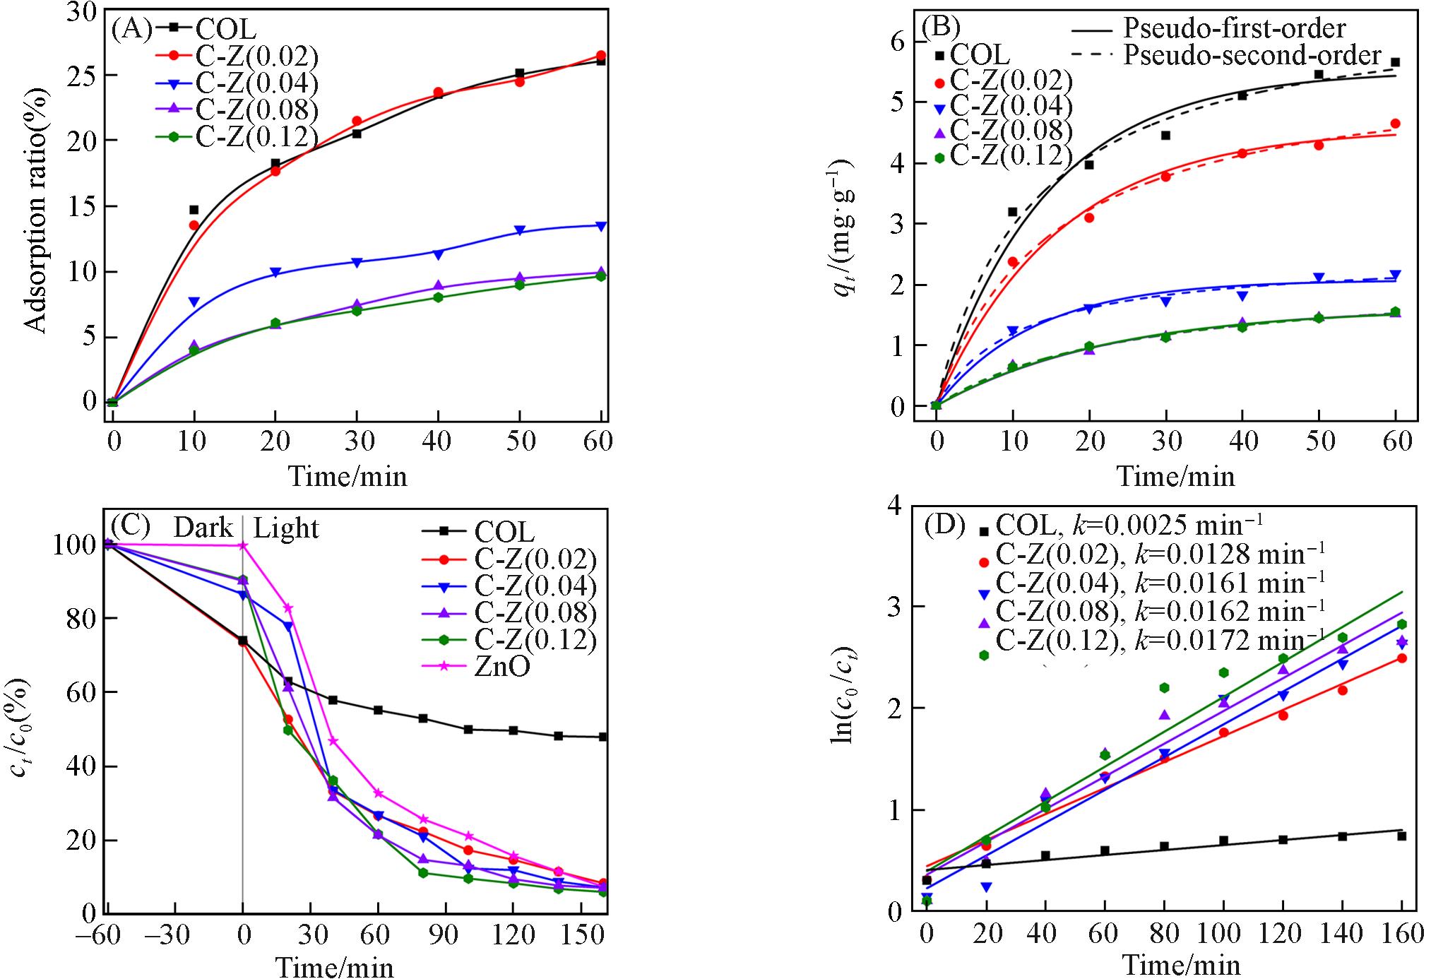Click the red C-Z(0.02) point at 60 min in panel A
click(601, 55)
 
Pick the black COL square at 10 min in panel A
click(194, 210)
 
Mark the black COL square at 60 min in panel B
click(1395, 62)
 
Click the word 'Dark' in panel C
click(203, 528)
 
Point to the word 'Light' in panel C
click(286, 528)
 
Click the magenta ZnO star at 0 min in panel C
click(243, 545)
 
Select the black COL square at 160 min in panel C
click(602, 737)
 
